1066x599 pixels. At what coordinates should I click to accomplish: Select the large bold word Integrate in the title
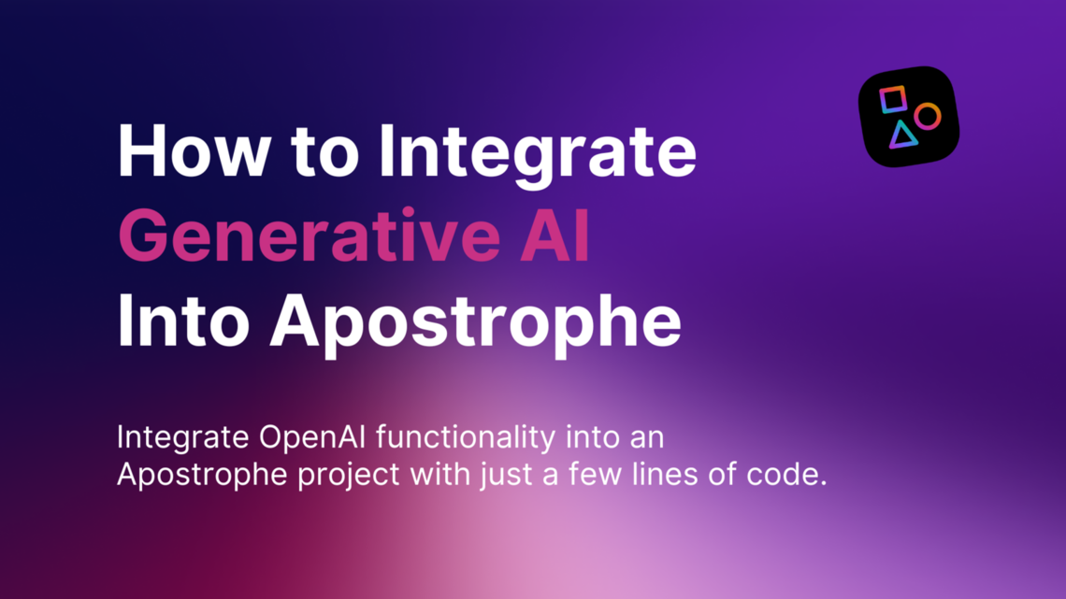[537, 153]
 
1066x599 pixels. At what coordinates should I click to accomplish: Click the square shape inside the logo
[893, 99]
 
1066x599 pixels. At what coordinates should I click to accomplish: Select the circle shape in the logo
[927, 117]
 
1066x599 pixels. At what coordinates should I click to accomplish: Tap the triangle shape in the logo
[902, 135]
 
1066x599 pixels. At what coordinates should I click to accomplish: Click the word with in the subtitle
[437, 475]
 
